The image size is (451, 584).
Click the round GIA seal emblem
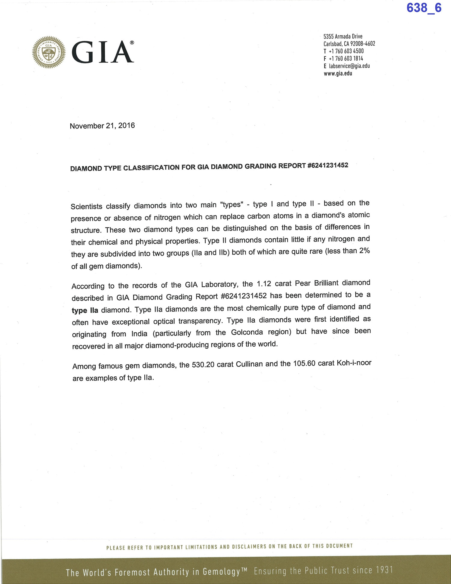(49, 52)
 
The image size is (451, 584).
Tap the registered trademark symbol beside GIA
(132, 43)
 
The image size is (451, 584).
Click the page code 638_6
(424, 8)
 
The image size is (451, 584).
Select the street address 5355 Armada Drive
(343, 36)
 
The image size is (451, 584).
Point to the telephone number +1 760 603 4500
(346, 51)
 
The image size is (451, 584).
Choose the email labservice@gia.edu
(349, 66)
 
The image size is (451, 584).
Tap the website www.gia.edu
(338, 73)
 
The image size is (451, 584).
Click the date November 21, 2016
(102, 126)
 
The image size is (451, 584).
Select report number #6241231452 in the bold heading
(328, 165)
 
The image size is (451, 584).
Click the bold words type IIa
(85, 310)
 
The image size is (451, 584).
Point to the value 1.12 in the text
(264, 284)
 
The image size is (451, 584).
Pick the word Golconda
(247, 332)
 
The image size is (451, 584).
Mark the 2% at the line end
(364, 251)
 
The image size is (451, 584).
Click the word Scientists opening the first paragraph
(87, 206)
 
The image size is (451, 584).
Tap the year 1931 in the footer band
(384, 570)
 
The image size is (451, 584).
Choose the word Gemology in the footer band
(222, 571)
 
